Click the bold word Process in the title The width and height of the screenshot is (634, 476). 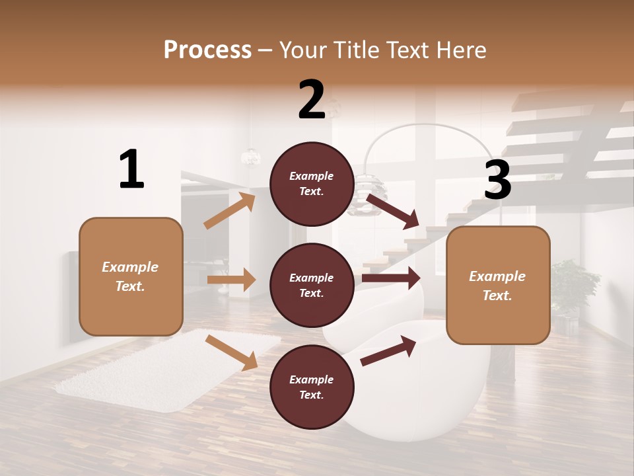point(207,50)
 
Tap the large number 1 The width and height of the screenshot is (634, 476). point(131,169)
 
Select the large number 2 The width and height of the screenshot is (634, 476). point(312,100)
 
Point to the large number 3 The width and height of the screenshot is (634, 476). point(497,180)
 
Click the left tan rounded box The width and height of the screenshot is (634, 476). point(131,276)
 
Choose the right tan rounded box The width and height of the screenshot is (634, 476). point(498,286)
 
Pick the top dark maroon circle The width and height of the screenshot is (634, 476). point(312,184)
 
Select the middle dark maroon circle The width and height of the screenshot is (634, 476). point(312,286)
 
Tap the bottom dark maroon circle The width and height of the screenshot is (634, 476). point(312,387)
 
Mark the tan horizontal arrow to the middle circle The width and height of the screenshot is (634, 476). point(231,280)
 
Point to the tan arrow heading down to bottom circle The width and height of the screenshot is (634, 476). point(231,352)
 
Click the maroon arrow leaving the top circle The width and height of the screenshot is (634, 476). point(393,211)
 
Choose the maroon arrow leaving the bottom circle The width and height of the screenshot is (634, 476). point(388,351)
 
